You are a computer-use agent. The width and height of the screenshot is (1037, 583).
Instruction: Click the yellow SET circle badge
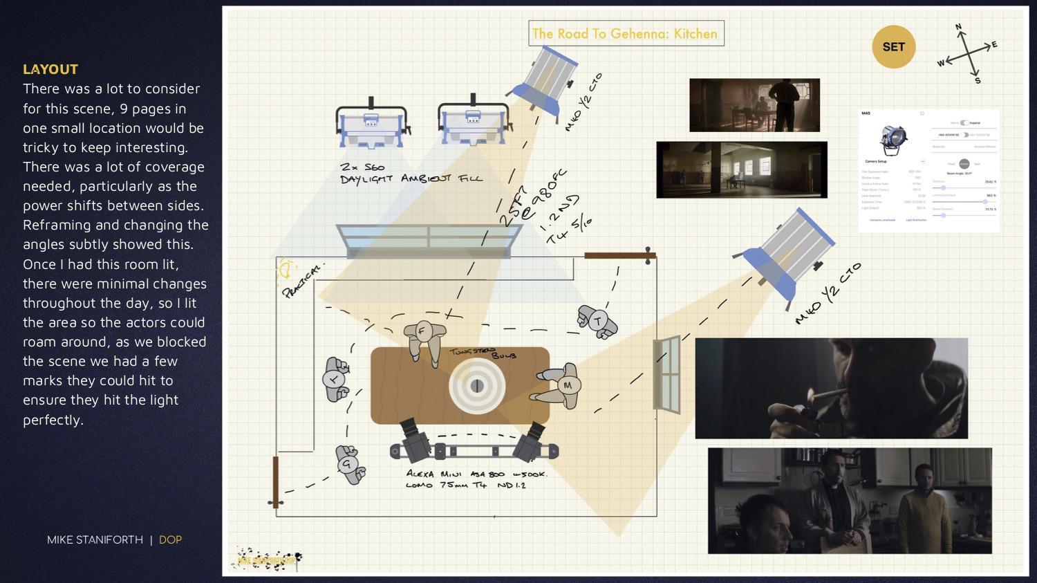point(893,47)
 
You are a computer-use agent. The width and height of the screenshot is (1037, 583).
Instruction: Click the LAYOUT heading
point(50,69)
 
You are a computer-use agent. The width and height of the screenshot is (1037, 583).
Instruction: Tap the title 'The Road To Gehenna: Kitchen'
point(625,33)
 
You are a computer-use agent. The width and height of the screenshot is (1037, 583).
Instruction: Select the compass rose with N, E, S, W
point(968,54)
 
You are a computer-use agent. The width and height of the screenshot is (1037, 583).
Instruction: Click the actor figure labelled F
point(422,335)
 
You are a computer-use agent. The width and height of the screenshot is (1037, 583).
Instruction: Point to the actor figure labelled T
point(597,321)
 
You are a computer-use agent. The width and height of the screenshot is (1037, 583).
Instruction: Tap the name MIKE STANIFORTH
point(95,539)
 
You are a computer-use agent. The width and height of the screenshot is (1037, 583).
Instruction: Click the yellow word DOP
point(170,539)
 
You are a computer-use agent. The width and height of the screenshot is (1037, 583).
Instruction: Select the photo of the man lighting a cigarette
point(831,388)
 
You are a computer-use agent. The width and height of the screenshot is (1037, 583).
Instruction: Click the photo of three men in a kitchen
point(849,501)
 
